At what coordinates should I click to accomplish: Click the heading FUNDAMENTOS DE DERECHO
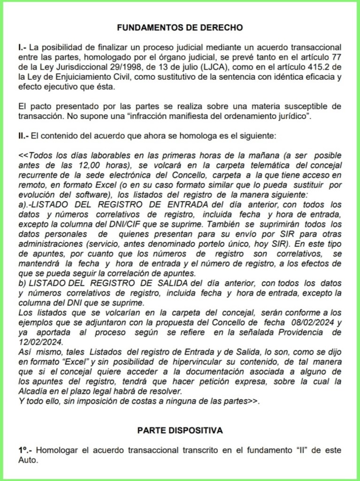click(x=180, y=27)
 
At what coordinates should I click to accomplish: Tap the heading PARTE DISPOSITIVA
click(x=180, y=430)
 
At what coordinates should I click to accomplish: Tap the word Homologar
click(x=57, y=450)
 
